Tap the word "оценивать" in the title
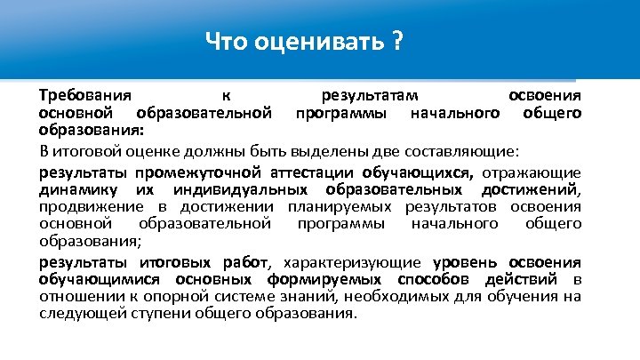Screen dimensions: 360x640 point(314,42)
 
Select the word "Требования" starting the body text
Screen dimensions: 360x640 point(85,96)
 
